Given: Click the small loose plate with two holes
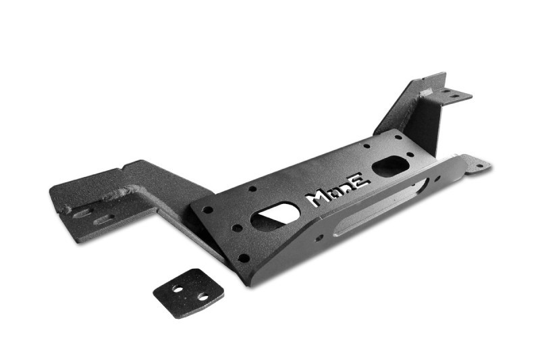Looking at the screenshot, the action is pos(188,293).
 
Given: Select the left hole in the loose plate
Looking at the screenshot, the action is pos(178,288).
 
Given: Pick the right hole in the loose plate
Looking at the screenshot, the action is pos(203,297).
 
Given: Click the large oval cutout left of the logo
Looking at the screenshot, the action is pos(272,216).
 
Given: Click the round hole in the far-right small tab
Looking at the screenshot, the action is pos(480,165).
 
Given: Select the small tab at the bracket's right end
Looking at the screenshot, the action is pos(477,165).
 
